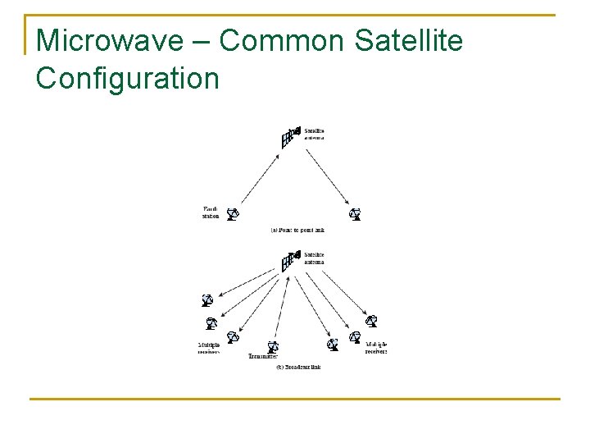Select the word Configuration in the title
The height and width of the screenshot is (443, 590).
pos(129,79)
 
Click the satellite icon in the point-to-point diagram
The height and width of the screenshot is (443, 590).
pos(289,137)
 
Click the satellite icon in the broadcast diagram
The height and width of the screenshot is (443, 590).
pos(289,261)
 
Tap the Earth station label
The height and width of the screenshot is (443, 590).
pos(211,213)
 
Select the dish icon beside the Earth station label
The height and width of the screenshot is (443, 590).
pos(233,214)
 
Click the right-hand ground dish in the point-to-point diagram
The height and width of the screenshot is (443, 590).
pos(355,214)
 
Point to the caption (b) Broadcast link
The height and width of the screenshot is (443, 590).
pos(298,367)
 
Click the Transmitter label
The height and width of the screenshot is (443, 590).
pos(263,357)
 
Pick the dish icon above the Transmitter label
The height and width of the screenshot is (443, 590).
pos(273,347)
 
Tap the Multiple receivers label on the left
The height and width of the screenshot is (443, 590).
pos(209,348)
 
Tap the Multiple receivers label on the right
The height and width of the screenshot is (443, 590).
pos(376,347)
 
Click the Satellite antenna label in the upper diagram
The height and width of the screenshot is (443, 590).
pos(315,134)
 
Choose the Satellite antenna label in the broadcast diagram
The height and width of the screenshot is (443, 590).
pos(315,258)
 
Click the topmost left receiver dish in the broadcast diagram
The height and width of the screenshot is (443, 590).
pos(208,299)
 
